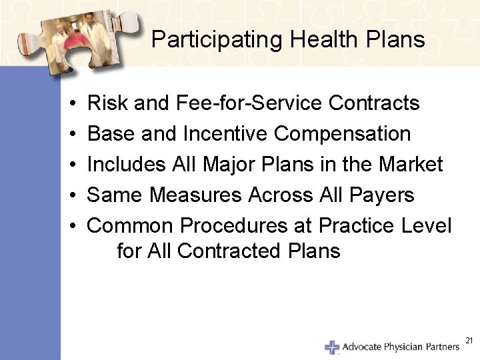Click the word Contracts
pyautogui.click(x=374, y=103)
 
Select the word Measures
pyautogui.click(x=197, y=195)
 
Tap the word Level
pyautogui.click(x=427, y=226)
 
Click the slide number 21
pyautogui.click(x=469, y=341)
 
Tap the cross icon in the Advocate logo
pyautogui.click(x=332, y=347)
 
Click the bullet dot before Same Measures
pyautogui.click(x=71, y=196)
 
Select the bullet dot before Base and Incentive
pyautogui.click(x=71, y=135)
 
